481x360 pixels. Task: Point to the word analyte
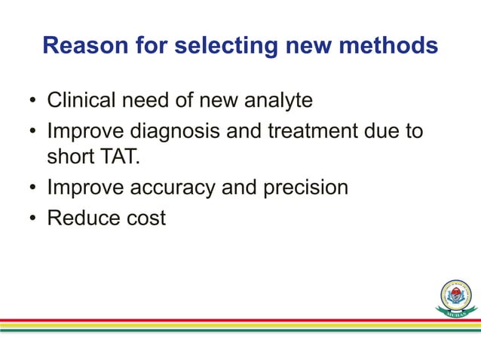275,100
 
